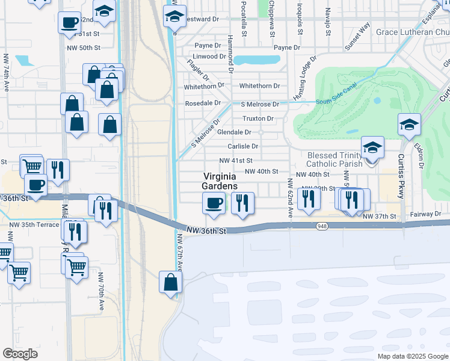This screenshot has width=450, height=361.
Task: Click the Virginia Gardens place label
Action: tap(220, 181)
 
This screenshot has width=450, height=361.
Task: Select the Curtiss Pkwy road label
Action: tap(401, 175)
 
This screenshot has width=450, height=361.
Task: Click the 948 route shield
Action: tap(321, 226)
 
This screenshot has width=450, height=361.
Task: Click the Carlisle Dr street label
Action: tap(242, 146)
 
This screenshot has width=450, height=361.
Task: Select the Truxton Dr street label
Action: tap(258, 118)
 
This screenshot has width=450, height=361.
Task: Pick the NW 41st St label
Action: tap(236, 161)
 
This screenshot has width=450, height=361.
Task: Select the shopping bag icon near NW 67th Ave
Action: tap(171, 282)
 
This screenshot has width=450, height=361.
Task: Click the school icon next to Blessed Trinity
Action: tap(372, 147)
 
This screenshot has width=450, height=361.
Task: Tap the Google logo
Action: tap(20, 353)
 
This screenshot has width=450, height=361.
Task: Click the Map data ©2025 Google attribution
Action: tap(412, 356)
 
